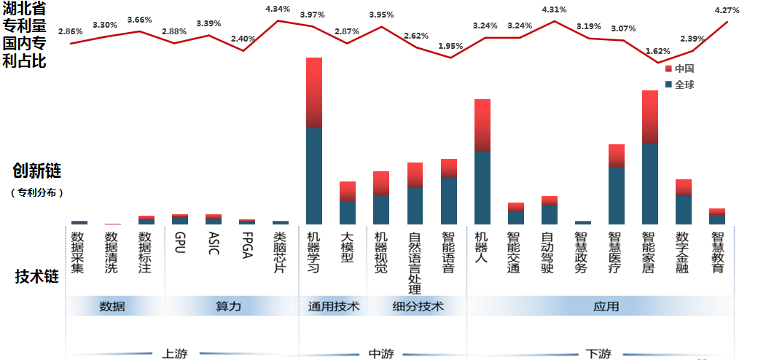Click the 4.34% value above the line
tap(278, 9)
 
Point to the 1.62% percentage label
tap(658, 51)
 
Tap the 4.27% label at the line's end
tap(727, 10)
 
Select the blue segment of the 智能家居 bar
tap(650, 184)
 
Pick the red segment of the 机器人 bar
tap(482, 125)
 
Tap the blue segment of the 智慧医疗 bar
tap(617, 195)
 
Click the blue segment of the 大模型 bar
tap(348, 212)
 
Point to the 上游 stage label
tap(174, 353)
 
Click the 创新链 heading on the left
tap(36, 171)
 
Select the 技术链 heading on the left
tap(36, 277)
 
